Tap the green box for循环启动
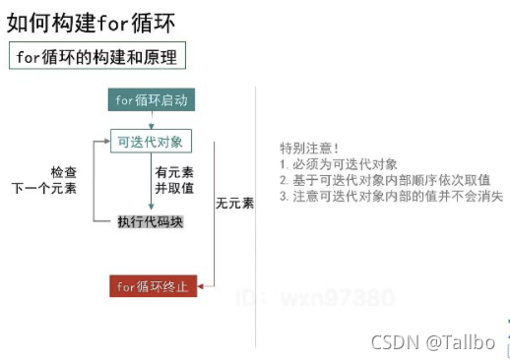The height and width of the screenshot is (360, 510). [150, 101]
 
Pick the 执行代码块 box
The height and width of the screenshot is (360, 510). [151, 222]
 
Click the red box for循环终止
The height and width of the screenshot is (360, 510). [153, 286]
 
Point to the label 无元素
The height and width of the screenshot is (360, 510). [234, 204]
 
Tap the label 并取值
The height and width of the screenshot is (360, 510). [170, 187]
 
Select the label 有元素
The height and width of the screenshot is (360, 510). [170, 171]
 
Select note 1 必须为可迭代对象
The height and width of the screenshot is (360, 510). [339, 164]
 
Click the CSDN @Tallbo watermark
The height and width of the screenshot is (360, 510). [432, 341]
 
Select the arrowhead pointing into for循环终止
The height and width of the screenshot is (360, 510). [203, 286]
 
